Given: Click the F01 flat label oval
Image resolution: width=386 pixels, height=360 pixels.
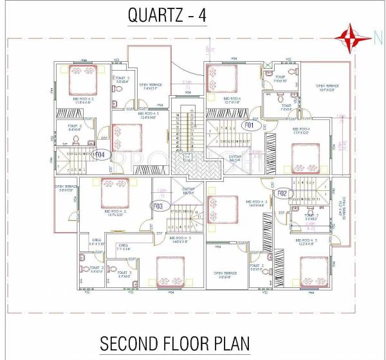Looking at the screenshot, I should pos(250,125).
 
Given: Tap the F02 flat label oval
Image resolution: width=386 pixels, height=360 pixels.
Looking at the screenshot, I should pos(282,192).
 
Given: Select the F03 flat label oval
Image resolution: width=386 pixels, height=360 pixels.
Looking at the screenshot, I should pos(158,206).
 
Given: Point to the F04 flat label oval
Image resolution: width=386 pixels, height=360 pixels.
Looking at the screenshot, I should pos(117,154).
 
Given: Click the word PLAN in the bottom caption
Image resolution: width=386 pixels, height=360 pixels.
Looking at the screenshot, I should pos(232,343).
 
